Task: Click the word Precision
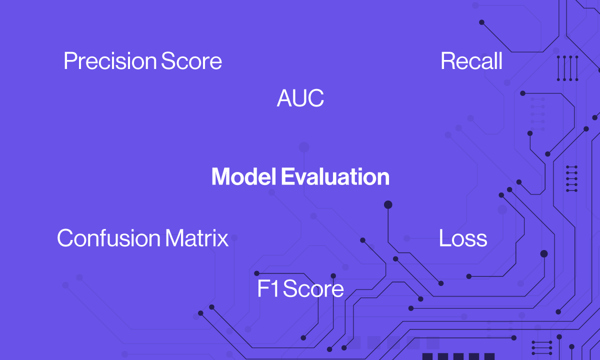click(x=110, y=61)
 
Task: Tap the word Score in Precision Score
click(x=191, y=61)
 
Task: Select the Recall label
click(x=471, y=61)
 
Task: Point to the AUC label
click(x=300, y=98)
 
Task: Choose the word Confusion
click(x=109, y=238)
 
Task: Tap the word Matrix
click(x=197, y=238)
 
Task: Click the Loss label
click(x=463, y=238)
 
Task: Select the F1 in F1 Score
click(x=268, y=288)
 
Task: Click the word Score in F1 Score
click(x=313, y=288)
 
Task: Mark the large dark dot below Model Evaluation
click(x=388, y=204)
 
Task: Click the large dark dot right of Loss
click(x=544, y=253)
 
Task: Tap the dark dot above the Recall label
click(x=481, y=22)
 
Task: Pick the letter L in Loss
click(x=444, y=238)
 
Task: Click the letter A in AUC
click(x=284, y=98)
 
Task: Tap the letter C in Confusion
click(x=65, y=238)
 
